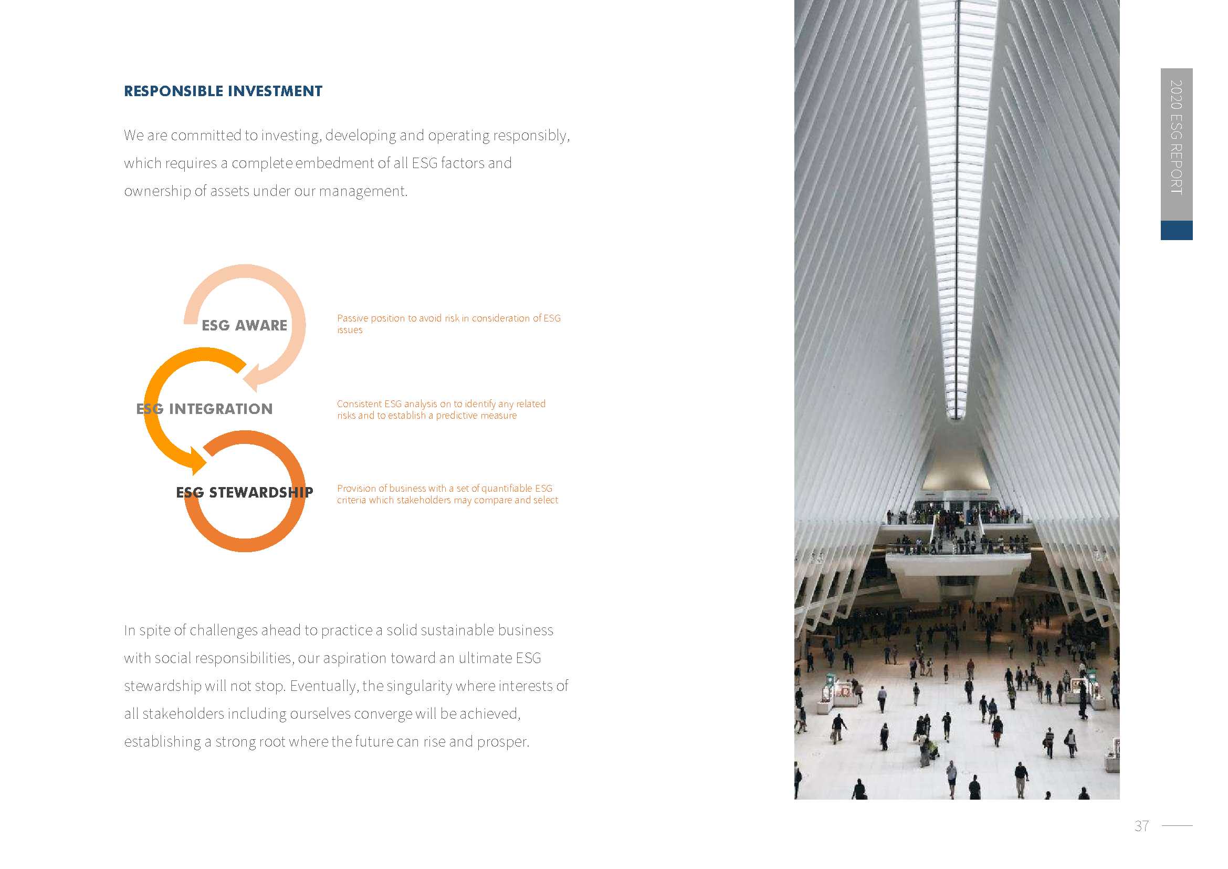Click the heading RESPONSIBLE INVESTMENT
point(223,91)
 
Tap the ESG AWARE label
point(245,325)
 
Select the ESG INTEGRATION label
point(204,409)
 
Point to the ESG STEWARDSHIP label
point(245,492)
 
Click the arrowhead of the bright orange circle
point(197,461)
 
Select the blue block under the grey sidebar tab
point(1176,230)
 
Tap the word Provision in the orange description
point(356,489)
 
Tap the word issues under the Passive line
point(349,330)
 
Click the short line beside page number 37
point(1177,826)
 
